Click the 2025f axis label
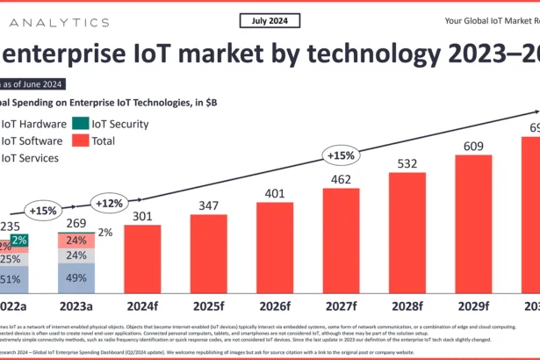pyautogui.click(x=210, y=307)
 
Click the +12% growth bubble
pyautogui.click(x=111, y=205)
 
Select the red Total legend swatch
pyautogui.click(x=80, y=140)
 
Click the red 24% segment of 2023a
pyautogui.click(x=76, y=241)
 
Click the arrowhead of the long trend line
pyautogui.click(x=536, y=111)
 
